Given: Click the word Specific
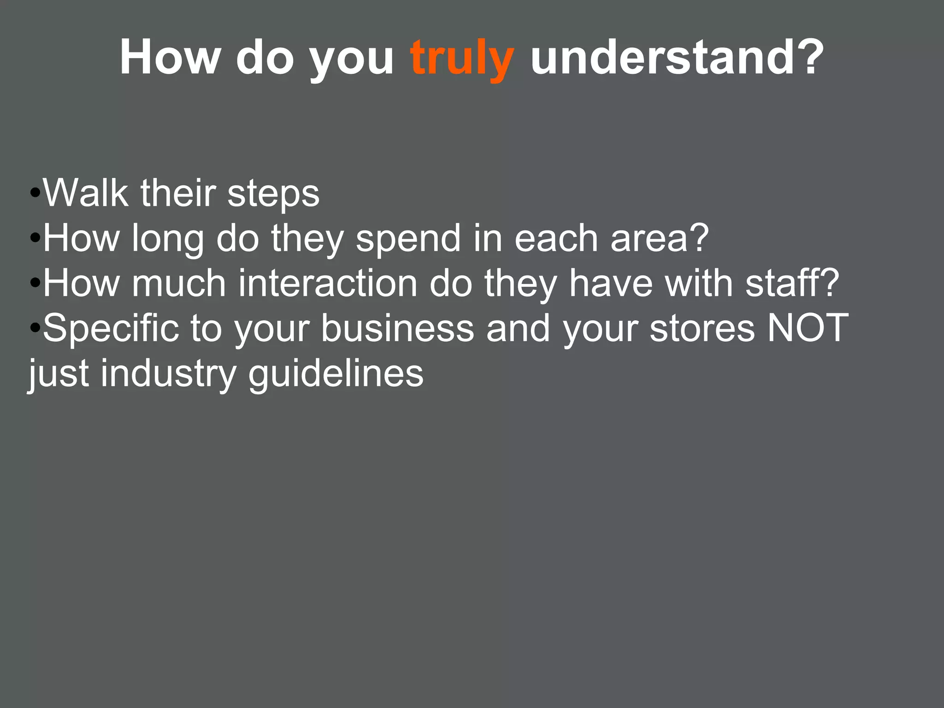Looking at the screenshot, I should (x=111, y=328).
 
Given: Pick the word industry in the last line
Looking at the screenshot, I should (x=169, y=373).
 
